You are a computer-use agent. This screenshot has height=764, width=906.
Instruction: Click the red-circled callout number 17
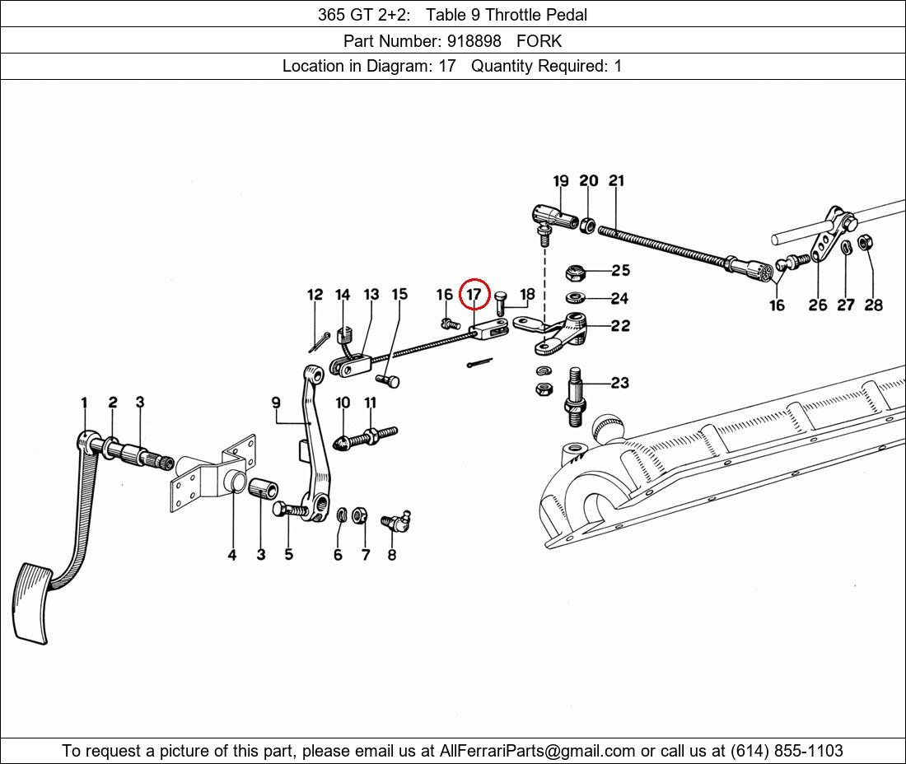[474, 295]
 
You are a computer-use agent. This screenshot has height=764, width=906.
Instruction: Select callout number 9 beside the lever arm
[276, 402]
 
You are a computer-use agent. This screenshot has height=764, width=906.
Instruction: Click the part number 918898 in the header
[474, 41]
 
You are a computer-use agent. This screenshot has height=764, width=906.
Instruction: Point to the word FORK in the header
[539, 41]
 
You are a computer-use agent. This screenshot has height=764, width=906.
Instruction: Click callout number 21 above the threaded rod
[617, 181]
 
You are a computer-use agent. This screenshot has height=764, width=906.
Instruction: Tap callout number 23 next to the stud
[620, 382]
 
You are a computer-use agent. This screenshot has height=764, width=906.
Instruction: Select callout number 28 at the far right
[874, 305]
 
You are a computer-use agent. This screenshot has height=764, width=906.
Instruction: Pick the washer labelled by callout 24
[575, 298]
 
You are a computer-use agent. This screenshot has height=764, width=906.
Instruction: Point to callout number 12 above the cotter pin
[315, 295]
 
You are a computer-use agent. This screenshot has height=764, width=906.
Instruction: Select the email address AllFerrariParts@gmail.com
[537, 751]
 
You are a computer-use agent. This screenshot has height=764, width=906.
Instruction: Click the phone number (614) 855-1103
[787, 751]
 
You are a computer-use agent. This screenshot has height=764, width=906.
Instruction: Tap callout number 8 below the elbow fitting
[392, 555]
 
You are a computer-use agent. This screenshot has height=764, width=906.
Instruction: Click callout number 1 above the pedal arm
[84, 403]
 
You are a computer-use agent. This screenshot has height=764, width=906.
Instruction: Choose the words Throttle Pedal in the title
[536, 15]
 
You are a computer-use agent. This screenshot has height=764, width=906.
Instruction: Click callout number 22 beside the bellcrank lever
[620, 326]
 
